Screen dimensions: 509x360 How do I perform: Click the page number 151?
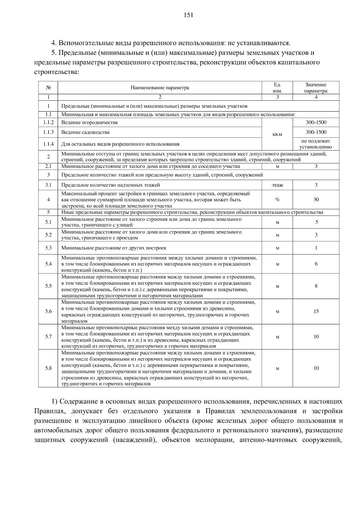(x=188, y=15)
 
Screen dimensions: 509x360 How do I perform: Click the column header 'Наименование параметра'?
(x=160, y=88)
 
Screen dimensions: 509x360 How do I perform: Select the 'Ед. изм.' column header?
(x=277, y=88)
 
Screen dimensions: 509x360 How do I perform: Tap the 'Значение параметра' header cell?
(x=316, y=88)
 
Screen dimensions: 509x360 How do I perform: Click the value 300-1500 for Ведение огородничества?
(x=316, y=122)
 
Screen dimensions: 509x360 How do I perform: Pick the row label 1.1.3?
(x=48, y=132)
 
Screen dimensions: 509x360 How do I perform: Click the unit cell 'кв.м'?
(x=277, y=134)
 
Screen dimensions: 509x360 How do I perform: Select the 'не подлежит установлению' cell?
(x=316, y=144)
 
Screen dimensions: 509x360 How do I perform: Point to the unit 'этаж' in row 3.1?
(x=277, y=185)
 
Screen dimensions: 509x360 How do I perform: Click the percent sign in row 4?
(x=277, y=200)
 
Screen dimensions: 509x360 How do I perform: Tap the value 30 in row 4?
(x=316, y=200)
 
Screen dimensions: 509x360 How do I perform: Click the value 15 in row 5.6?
(x=316, y=311)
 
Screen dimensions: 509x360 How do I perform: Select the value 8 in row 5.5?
(x=316, y=286)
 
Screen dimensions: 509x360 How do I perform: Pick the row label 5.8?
(x=48, y=368)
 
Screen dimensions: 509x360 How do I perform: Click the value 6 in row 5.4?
(x=316, y=264)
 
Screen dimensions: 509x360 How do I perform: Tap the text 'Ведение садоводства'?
(x=85, y=132)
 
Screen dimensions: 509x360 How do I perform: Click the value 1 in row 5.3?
(x=316, y=248)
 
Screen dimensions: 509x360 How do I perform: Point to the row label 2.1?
(x=48, y=166)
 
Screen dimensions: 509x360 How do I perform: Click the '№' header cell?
(x=48, y=88)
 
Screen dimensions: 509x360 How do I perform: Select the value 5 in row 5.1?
(x=316, y=222)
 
